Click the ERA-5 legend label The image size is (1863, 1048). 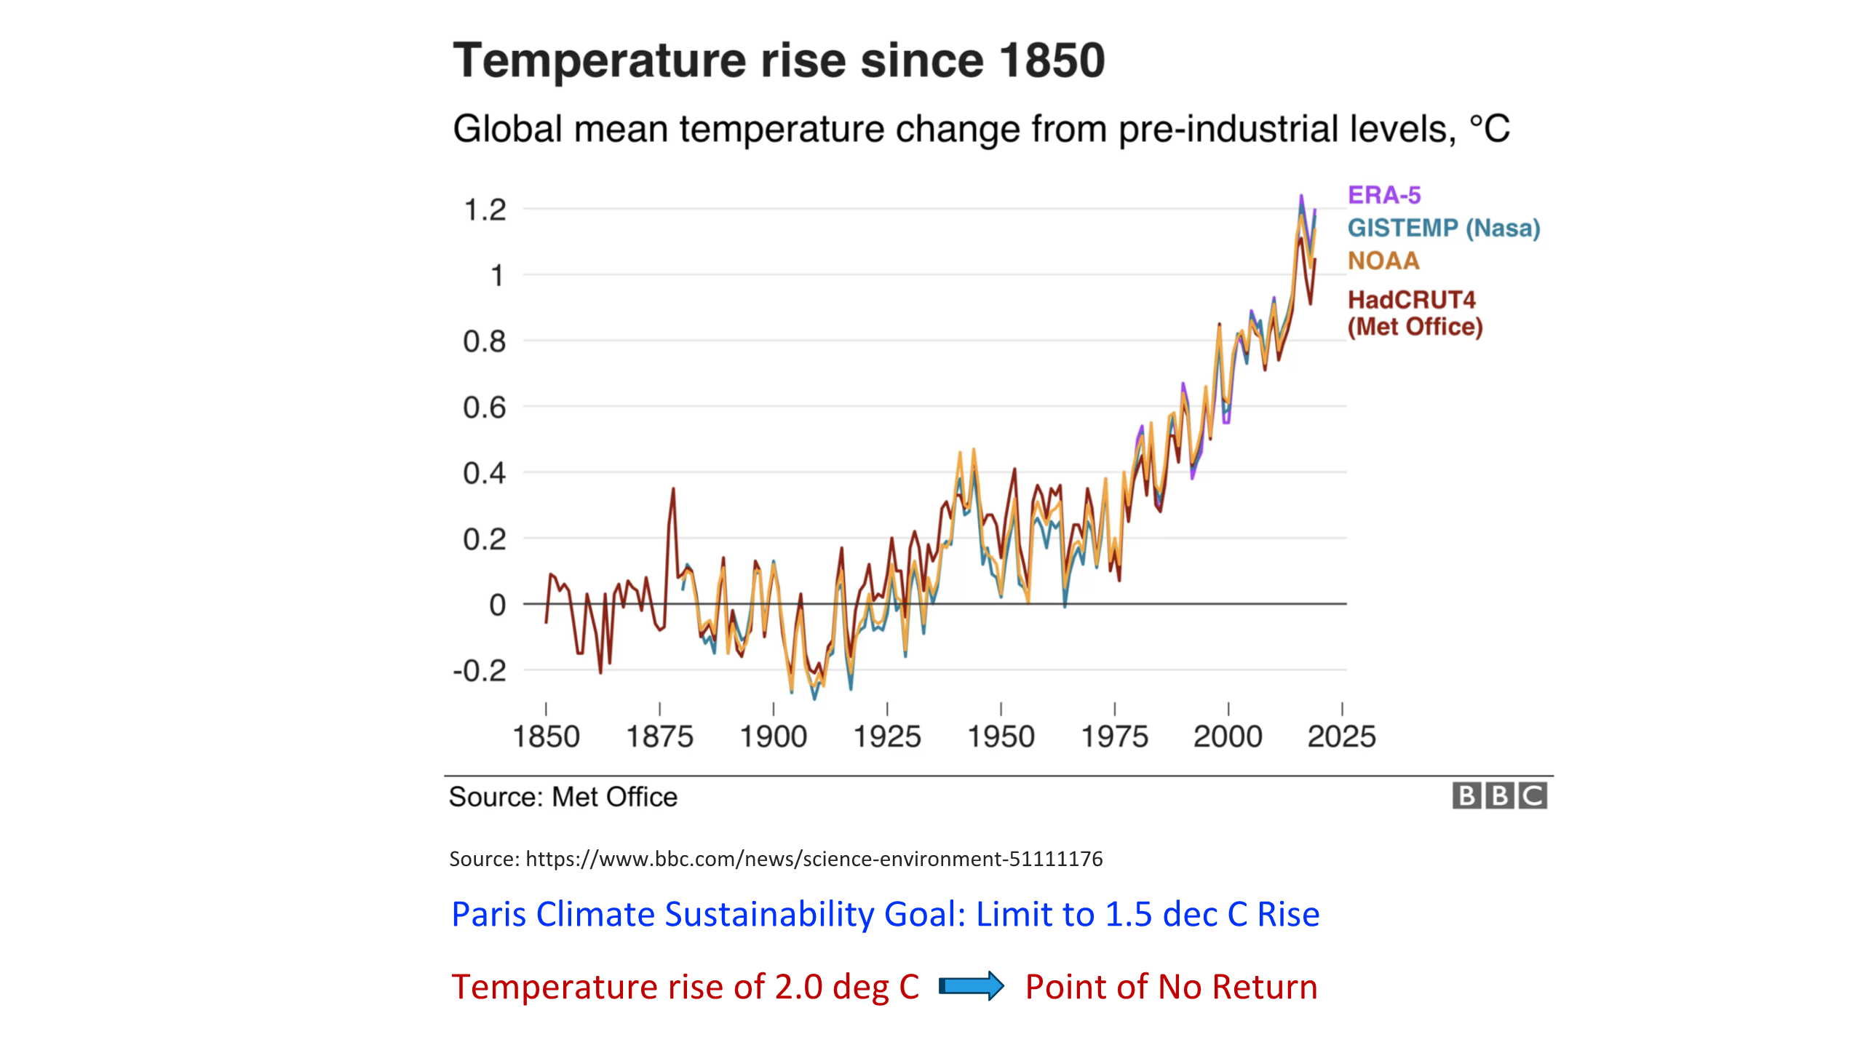click(1383, 195)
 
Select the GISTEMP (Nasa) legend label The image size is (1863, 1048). click(1444, 229)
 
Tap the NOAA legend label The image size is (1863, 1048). click(1383, 261)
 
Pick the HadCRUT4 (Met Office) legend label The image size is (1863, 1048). click(1415, 313)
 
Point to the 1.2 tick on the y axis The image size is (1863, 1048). click(485, 210)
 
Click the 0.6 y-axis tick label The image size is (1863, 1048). click(485, 408)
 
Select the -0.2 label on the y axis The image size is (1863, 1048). click(480, 670)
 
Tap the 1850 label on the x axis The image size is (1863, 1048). click(546, 737)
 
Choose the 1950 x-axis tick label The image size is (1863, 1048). click(1001, 737)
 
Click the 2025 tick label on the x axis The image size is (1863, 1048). click(1341, 737)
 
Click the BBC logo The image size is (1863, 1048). click(1499, 795)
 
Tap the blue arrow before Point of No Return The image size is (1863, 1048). click(972, 986)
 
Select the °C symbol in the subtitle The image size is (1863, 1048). click(1489, 130)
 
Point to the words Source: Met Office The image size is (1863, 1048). click(563, 797)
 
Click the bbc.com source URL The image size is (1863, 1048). click(814, 859)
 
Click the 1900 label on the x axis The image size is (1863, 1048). click(773, 737)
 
